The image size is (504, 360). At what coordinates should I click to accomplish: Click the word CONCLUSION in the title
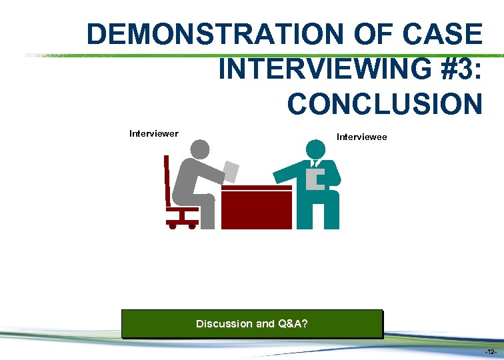[x=384, y=104]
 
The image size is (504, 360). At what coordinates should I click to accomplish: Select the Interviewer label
[x=153, y=133]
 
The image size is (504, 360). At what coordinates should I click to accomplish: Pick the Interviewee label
[x=361, y=137]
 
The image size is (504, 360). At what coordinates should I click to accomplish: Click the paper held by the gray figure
[x=231, y=171]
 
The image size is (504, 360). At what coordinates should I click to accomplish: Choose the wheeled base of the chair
[x=182, y=223]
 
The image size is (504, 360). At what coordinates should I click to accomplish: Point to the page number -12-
[x=491, y=351]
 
